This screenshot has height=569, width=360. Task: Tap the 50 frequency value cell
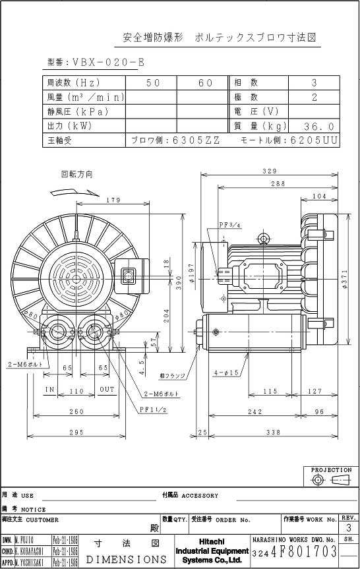click(152, 83)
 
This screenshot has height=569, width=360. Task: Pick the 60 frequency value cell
click(205, 83)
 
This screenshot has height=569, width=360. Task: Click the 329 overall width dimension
click(268, 171)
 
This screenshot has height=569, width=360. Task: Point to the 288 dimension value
click(278, 184)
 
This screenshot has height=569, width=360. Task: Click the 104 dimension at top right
click(319, 196)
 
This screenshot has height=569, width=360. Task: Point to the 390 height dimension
click(178, 282)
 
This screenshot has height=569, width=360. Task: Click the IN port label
click(49, 390)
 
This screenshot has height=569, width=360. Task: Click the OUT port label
click(107, 390)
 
